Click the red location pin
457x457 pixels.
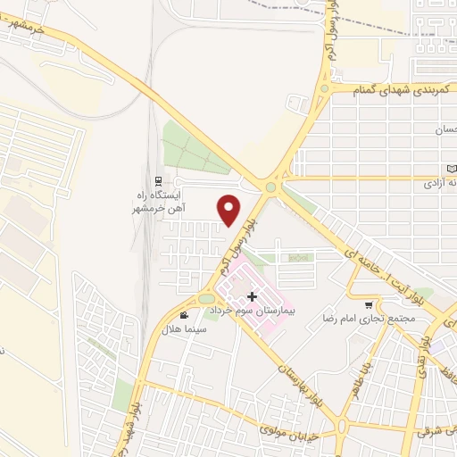pyautogui.click(x=229, y=209)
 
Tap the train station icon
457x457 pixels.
pyautogui.click(x=157, y=179)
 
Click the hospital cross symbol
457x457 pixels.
pyautogui.click(x=252, y=295)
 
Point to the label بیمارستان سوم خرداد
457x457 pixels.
pyautogui.click(x=256, y=314)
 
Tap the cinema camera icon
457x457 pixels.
pyautogui.click(x=183, y=314)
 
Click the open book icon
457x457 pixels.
pyautogui.click(x=451, y=169)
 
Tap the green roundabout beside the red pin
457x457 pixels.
pyautogui.click(x=271, y=187)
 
